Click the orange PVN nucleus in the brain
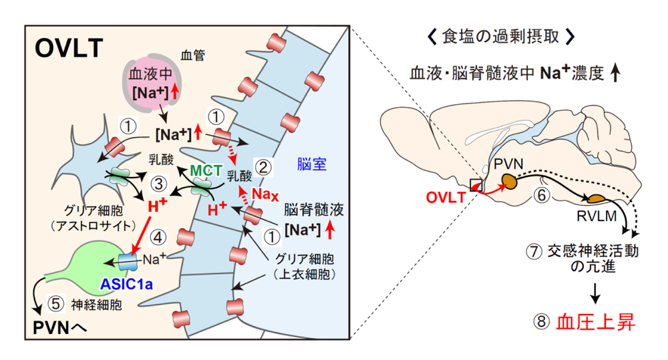(512, 180)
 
